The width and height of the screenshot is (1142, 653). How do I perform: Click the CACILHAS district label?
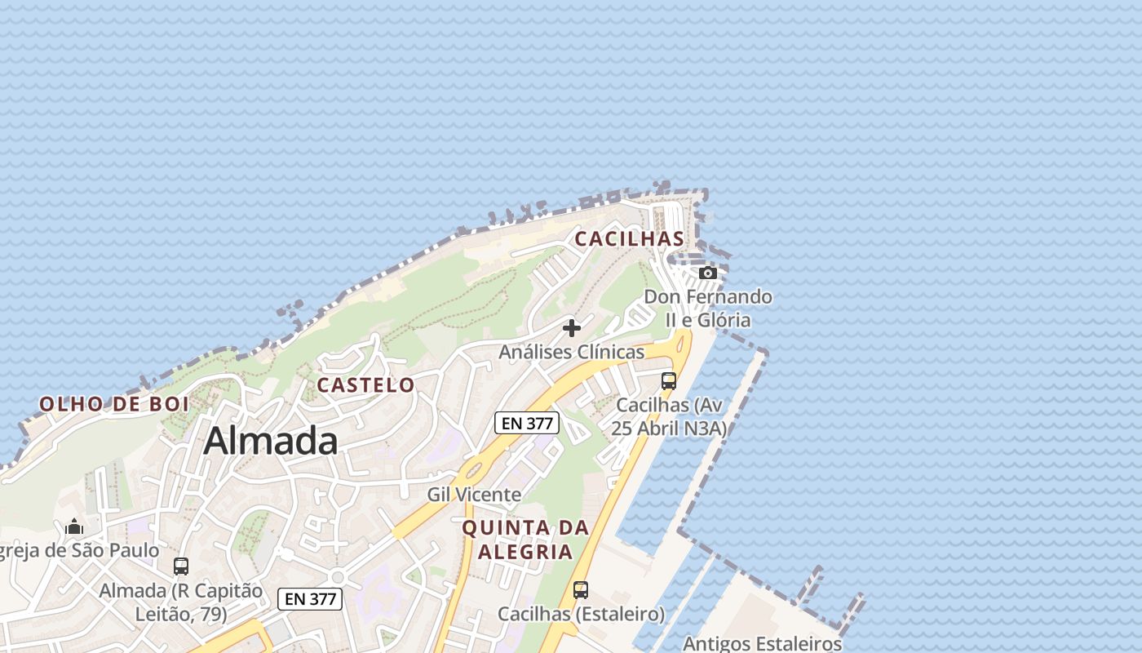629,238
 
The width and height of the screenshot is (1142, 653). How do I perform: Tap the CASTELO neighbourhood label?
365,384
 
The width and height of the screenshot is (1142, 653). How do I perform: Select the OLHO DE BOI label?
114,403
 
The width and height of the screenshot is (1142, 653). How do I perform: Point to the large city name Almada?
270,441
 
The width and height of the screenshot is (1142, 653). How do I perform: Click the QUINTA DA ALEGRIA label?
525,540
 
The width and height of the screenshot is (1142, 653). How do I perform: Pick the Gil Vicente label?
474,495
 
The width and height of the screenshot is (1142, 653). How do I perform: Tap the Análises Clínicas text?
571,352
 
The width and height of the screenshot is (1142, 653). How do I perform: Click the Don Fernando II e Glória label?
708,308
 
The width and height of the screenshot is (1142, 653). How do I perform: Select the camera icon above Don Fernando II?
708,273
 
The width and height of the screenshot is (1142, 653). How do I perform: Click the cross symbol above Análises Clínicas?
572,328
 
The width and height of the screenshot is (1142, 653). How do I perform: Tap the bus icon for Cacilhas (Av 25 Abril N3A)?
669,380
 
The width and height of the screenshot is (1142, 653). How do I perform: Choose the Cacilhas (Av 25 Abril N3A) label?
671,416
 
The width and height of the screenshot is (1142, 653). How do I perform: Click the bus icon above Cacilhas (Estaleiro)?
581,589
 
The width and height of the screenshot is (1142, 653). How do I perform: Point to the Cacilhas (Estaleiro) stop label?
581,614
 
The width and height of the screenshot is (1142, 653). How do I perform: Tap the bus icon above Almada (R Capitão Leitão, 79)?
181,566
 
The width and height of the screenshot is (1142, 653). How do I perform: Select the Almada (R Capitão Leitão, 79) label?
181,602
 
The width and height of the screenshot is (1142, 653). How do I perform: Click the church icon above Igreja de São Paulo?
74,526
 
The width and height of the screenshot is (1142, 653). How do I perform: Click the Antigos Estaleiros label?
761,643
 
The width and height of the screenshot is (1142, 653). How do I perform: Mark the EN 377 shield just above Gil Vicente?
527,423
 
